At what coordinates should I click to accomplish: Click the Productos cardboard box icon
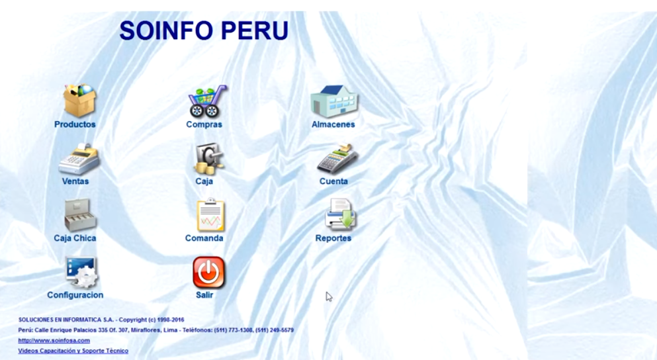pyautogui.click(x=79, y=101)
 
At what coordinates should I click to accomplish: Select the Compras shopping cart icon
pyautogui.click(x=207, y=101)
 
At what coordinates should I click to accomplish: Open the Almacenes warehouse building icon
pyautogui.click(x=334, y=101)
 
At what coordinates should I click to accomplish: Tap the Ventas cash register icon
pyautogui.click(x=79, y=159)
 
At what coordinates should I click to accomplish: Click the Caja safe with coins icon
pyautogui.click(x=208, y=159)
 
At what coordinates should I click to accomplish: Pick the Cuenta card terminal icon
pyautogui.click(x=337, y=158)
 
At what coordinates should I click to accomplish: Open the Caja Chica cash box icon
pyautogui.click(x=80, y=215)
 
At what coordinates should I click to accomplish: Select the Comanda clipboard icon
pyautogui.click(x=211, y=214)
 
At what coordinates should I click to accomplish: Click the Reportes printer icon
pyautogui.click(x=340, y=214)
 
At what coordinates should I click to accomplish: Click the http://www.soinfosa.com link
pyautogui.click(x=54, y=340)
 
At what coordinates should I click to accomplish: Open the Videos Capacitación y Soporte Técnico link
pyautogui.click(x=73, y=351)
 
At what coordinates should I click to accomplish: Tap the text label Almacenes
pyautogui.click(x=333, y=124)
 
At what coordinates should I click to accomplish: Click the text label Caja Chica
pyautogui.click(x=75, y=238)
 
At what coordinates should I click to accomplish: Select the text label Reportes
pyautogui.click(x=333, y=238)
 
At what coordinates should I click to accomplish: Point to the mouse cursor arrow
pyautogui.click(x=328, y=296)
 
